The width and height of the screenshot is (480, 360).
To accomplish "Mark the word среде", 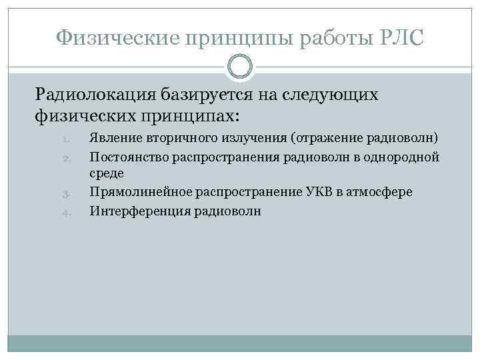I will click(x=106, y=174).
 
